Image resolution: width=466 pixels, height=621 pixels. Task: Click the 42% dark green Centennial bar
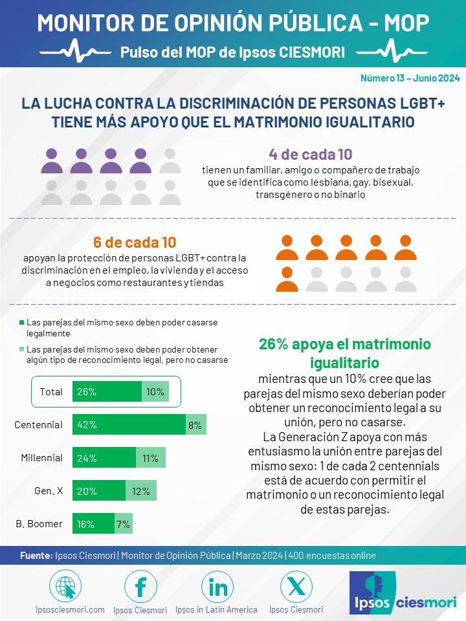click(129, 424)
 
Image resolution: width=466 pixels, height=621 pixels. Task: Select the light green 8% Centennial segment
click(195, 424)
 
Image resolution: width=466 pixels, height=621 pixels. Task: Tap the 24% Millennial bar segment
click(104, 458)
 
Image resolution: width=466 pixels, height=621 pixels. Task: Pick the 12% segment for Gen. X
click(140, 491)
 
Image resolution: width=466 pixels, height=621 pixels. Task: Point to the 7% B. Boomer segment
click(123, 523)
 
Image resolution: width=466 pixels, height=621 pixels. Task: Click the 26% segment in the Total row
click(107, 391)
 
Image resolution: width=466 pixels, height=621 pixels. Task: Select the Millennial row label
click(41, 458)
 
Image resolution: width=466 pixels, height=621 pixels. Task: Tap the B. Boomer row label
click(39, 523)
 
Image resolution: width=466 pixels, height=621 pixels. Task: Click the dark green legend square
click(22, 322)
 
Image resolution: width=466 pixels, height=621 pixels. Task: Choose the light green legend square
click(22, 349)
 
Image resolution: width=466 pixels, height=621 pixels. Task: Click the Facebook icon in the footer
click(140, 587)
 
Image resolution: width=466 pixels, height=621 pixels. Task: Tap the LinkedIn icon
click(217, 587)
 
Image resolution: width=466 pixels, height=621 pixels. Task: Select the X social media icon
click(296, 587)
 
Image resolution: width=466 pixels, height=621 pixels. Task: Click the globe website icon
click(65, 587)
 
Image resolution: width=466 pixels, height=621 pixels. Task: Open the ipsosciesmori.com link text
click(70, 609)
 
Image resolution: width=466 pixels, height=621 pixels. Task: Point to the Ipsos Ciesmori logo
click(403, 593)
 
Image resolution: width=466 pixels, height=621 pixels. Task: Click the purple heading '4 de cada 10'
click(311, 155)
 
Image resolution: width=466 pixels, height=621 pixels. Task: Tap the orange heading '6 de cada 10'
click(135, 243)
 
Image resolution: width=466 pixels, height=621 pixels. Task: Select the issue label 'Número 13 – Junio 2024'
click(410, 78)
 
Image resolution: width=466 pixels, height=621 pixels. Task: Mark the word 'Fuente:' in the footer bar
click(36, 556)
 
